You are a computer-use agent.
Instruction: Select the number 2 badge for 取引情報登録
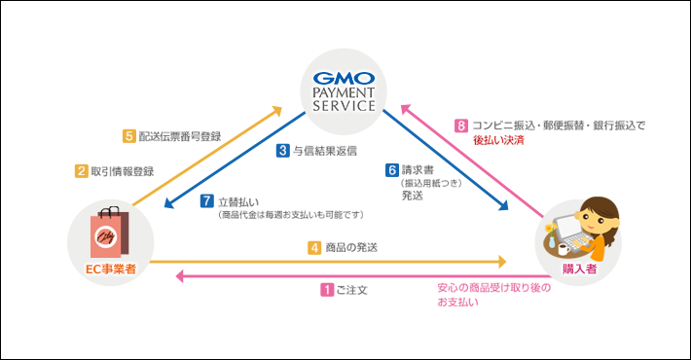click(82, 171)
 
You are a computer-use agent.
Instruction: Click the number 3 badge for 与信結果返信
click(282, 151)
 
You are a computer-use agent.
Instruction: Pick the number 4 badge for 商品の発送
click(315, 247)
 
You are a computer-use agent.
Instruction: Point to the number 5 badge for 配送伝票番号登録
click(129, 136)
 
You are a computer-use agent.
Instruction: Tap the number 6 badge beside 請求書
click(392, 167)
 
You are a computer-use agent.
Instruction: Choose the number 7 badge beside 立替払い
click(206, 201)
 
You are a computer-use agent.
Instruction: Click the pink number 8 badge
click(461, 126)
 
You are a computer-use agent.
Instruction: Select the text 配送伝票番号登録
click(179, 136)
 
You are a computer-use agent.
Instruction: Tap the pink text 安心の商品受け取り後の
click(492, 288)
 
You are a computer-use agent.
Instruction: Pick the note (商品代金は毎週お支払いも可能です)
click(291, 215)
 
